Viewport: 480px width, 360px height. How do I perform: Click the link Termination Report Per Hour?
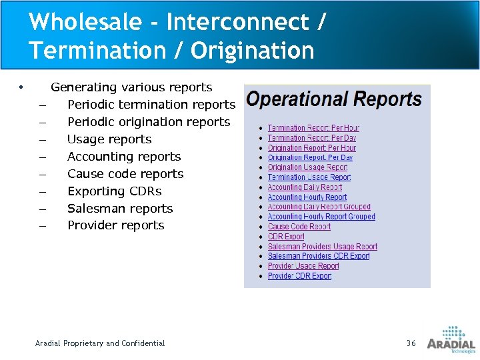coord(313,128)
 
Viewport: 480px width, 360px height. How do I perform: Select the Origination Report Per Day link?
coord(310,158)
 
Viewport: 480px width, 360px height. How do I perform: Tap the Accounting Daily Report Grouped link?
coord(319,207)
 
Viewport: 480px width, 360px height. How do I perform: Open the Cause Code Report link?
coord(299,227)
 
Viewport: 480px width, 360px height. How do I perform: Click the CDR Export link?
coord(286,237)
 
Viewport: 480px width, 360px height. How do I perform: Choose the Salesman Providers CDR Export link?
coord(319,256)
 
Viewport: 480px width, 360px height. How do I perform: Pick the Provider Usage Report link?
coord(303,266)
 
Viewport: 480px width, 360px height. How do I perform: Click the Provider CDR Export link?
coord(299,276)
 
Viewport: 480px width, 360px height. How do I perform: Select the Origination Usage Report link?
coord(307,167)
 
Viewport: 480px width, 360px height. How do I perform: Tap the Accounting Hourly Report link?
coord(307,197)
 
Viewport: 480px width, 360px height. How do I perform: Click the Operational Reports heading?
coord(334,100)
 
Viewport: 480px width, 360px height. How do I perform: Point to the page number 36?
coord(411,343)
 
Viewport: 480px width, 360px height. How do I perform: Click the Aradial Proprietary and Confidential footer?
coord(100,343)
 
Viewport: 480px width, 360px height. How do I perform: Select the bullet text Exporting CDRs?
coord(114,191)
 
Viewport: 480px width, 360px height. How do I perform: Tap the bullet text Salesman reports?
coord(120,209)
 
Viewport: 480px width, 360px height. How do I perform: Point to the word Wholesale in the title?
coord(85,22)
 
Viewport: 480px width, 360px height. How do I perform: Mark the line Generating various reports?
coord(131,87)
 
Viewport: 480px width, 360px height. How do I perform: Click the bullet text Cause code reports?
coord(125,174)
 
